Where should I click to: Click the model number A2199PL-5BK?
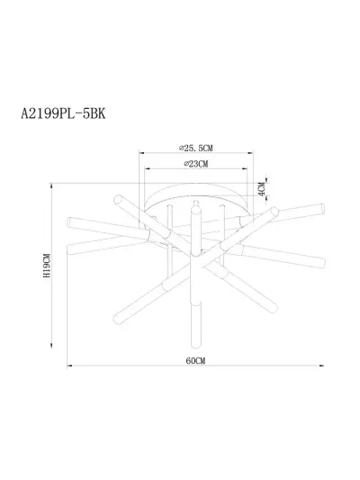point(63,113)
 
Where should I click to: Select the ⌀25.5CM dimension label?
point(196,149)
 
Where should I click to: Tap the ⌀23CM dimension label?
point(196,164)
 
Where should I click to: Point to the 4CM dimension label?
point(261,189)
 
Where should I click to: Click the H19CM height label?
point(47,266)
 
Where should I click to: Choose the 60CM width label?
point(195,360)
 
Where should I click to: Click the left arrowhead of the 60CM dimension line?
point(69,366)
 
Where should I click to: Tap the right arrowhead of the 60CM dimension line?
point(321,366)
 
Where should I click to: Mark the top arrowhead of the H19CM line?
point(51,186)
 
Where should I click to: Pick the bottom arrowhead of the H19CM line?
point(51,346)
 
